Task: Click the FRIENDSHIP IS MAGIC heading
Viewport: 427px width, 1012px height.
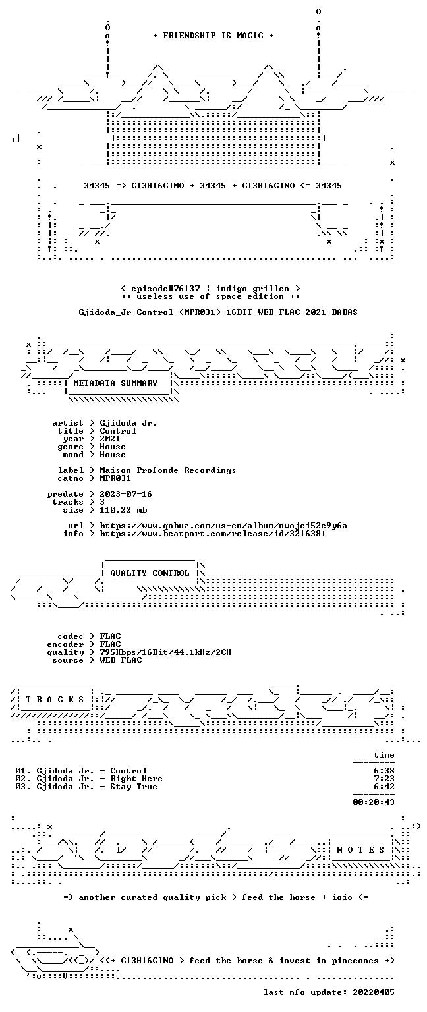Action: pos(213,35)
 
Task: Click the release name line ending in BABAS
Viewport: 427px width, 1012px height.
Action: pos(218,312)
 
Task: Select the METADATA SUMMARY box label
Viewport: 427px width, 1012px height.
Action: pos(115,383)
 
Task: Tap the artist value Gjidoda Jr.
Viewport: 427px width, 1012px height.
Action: pos(128,424)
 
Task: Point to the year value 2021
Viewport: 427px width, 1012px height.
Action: pos(110,439)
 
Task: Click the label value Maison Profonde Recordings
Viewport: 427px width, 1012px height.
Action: pos(167,470)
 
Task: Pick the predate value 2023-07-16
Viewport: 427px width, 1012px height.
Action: pos(126,494)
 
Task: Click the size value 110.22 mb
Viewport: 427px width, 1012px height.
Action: pos(123,510)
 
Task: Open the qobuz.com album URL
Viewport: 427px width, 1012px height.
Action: pos(223,526)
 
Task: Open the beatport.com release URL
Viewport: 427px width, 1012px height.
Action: pos(212,534)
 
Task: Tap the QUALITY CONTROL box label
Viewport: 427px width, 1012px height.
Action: pos(150,573)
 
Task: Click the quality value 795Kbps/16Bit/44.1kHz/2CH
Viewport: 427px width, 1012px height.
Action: pos(165,652)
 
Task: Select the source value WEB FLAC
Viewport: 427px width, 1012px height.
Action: pos(121,660)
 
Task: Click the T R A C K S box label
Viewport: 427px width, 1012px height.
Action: pos(55,700)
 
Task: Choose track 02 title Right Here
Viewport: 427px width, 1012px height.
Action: pos(136,779)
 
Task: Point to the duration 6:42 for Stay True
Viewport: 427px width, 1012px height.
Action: pos(384,787)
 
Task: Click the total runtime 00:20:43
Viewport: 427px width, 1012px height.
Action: pos(374,802)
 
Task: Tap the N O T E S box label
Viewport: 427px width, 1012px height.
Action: pos(360,850)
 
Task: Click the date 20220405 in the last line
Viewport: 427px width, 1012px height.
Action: pos(374,992)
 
